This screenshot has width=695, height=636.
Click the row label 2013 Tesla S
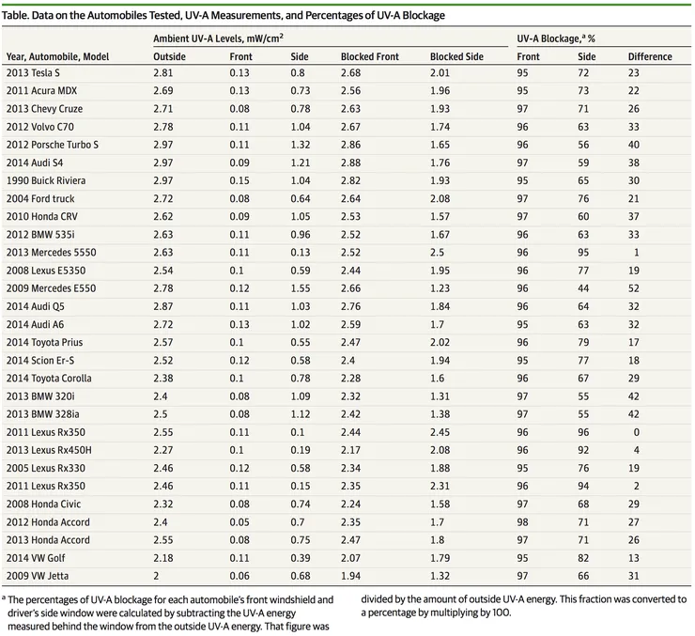[33, 72]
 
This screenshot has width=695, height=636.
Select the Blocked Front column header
[370, 56]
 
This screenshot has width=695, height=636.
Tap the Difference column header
[650, 56]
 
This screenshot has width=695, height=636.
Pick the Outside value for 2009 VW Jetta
[156, 576]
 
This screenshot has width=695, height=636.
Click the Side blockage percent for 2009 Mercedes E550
[583, 288]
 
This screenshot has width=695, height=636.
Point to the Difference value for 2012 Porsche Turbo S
[634, 145]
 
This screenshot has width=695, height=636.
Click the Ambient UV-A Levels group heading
[218, 39]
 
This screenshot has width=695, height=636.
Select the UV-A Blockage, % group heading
[556, 39]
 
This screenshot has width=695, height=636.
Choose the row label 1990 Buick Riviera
[46, 180]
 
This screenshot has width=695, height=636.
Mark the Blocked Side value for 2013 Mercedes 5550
[437, 253]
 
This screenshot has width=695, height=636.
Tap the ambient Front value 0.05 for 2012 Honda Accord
[239, 522]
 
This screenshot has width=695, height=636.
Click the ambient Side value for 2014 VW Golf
[301, 558]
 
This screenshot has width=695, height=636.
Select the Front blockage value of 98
[522, 522]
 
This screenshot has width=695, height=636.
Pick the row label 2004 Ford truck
[40, 198]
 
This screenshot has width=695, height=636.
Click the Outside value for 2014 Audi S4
[163, 163]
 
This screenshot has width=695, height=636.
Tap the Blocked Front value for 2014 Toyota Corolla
[350, 379]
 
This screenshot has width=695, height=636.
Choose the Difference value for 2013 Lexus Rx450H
[637, 450]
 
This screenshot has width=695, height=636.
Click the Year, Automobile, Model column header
[57, 56]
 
